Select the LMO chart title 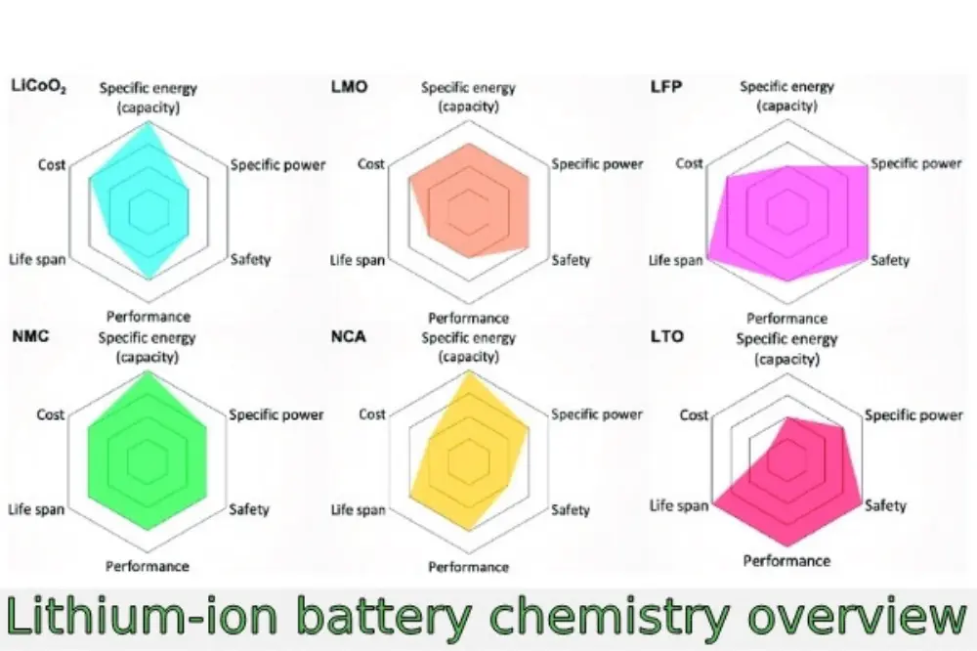click(x=350, y=87)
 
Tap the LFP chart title click(x=666, y=87)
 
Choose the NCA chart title click(x=349, y=337)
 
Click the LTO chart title click(x=666, y=337)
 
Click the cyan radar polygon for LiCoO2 click(x=145, y=200)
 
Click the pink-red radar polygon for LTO click(x=796, y=479)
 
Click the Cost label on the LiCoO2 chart click(x=52, y=164)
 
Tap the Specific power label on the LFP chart click(x=915, y=163)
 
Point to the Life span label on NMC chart click(x=37, y=509)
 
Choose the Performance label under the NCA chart click(x=468, y=566)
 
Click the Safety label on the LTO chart click(x=885, y=505)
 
